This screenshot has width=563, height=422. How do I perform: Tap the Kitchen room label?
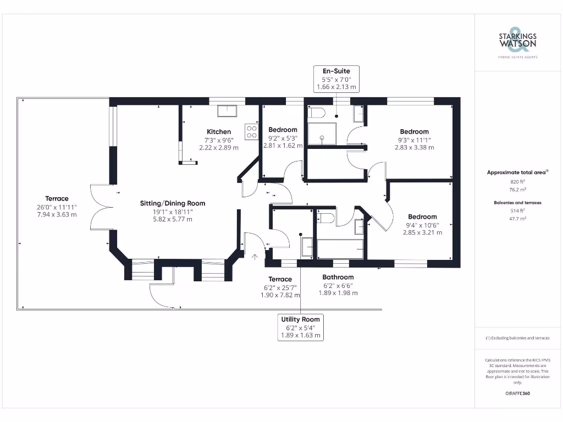219,131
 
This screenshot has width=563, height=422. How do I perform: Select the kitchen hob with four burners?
252,131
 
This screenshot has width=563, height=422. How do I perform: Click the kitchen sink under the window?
227,110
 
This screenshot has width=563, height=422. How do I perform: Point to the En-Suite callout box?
336,79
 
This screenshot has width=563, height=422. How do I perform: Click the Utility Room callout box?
300,327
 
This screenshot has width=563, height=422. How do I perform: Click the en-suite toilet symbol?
317,113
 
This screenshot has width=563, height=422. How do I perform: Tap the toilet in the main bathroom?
327,218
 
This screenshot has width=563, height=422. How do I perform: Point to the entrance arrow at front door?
255,256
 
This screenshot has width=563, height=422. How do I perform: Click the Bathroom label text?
338,277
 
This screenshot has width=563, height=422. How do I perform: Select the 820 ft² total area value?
517,181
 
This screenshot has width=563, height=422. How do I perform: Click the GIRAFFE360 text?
517,393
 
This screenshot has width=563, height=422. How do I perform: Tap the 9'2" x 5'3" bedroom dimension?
283,138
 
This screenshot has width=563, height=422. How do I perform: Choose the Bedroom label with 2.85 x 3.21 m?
422,216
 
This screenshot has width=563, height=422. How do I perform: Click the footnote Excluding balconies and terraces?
517,338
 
